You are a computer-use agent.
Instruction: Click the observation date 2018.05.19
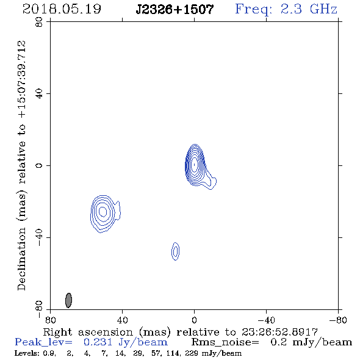point(62,9)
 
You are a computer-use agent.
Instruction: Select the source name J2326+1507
point(175,10)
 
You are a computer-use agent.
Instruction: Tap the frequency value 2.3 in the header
point(291,9)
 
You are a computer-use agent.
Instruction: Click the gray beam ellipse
point(68,300)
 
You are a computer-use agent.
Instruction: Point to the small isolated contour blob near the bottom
point(175,251)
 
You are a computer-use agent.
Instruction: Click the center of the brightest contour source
point(195,164)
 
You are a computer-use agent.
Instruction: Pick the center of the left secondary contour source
point(103,212)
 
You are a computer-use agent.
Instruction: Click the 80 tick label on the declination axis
point(39,22)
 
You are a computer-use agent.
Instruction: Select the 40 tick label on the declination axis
point(39,94)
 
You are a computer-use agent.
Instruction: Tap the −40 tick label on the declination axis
point(39,237)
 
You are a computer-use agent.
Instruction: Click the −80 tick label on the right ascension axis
point(338,320)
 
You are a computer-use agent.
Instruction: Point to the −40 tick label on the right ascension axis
point(266,320)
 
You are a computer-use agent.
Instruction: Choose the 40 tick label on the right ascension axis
point(123,320)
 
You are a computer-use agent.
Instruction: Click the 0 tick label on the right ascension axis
point(194,320)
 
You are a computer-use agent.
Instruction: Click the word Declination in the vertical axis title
point(21,259)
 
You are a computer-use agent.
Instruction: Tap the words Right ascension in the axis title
point(88,332)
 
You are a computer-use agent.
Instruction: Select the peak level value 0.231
point(98,342)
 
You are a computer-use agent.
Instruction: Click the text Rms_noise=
point(225,342)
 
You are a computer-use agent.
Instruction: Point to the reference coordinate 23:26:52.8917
point(279,332)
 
